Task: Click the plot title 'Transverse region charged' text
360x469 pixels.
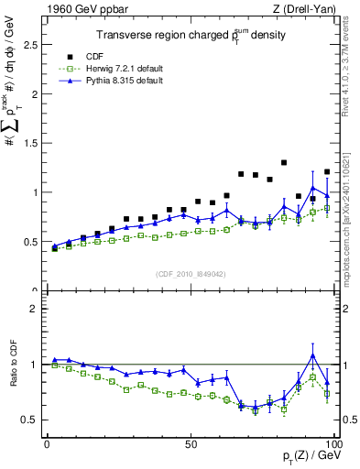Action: [158, 36]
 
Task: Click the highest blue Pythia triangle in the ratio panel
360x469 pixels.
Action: [312, 355]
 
